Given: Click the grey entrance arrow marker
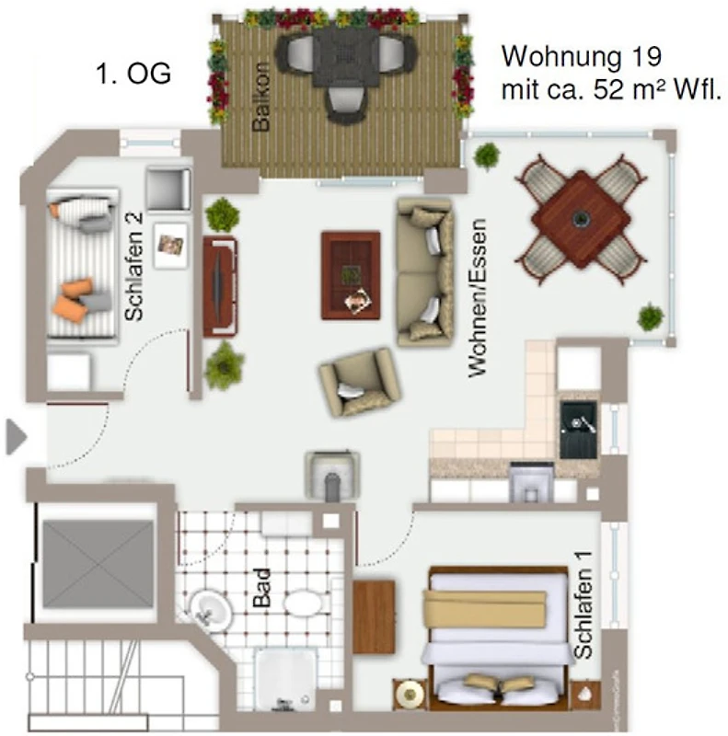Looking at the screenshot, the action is click(16, 437).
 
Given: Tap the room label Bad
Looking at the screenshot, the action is click(262, 587).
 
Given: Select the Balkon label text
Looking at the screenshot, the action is click(261, 97).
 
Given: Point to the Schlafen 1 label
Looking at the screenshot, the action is click(583, 605).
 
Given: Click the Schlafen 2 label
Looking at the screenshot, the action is click(133, 267).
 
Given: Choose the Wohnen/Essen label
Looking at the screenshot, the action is click(477, 297).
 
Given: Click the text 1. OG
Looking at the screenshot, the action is click(133, 74).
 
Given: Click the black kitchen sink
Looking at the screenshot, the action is click(579, 430).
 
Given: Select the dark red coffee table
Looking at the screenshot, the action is click(351, 275).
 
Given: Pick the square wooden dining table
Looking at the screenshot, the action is click(581, 219).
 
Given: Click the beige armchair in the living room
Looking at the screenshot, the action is click(359, 382).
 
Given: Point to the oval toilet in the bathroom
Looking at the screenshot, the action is click(303, 603).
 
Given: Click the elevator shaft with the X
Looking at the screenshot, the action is click(98, 563).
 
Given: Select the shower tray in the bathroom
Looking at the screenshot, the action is click(285, 679).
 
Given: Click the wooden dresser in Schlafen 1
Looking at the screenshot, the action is click(374, 616).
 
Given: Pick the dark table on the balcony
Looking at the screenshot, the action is click(346, 57).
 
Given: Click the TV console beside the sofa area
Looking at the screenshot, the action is click(220, 287).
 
